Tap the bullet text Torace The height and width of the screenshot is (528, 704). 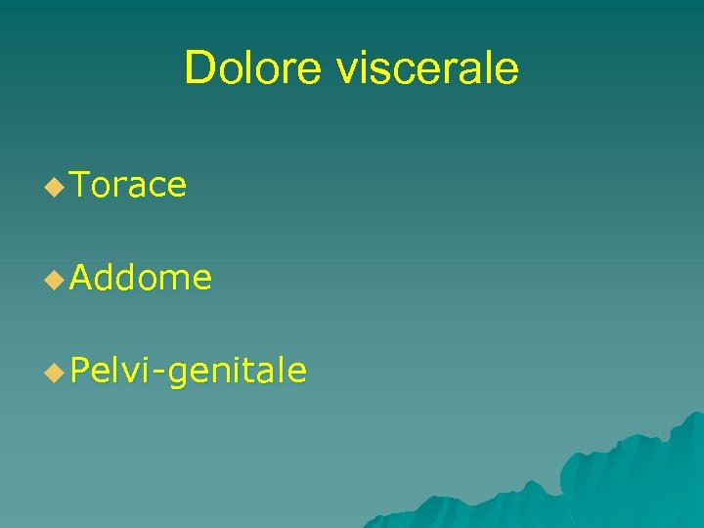(x=128, y=185)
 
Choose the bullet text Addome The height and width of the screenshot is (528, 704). (x=141, y=279)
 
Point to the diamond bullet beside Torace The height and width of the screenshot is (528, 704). (x=55, y=186)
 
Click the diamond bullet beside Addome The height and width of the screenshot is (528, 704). (x=55, y=280)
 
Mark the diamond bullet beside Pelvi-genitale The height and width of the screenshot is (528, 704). (x=55, y=373)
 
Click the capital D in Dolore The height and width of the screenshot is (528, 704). (x=198, y=68)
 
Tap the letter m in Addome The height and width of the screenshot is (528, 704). (x=172, y=281)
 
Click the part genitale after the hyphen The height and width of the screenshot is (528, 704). (x=237, y=372)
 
